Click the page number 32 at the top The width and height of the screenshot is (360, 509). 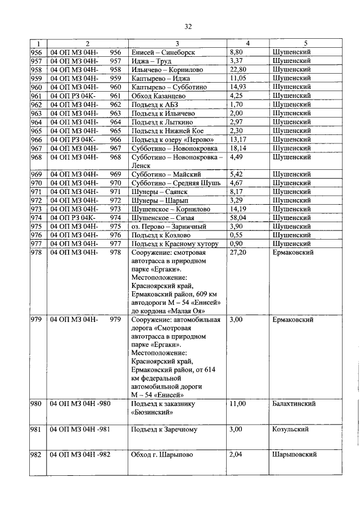coord(188,26)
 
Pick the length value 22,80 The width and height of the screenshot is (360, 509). coord(239,70)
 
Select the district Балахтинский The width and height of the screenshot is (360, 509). coord(293,404)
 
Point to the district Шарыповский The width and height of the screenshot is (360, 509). coord(294,454)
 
